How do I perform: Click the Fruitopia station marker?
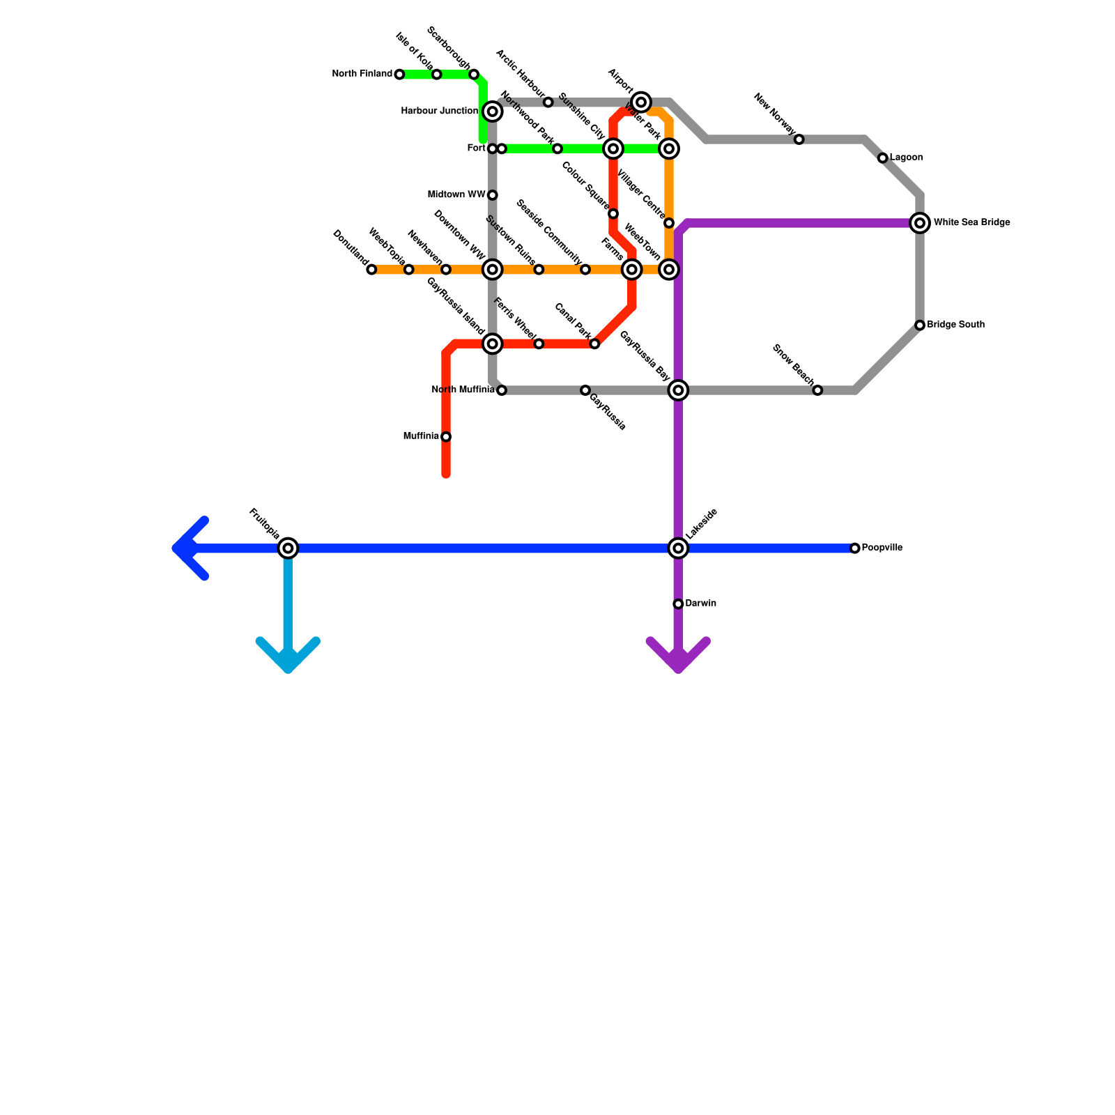tap(288, 548)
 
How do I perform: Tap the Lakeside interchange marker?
tap(678, 548)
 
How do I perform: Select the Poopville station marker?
tap(855, 548)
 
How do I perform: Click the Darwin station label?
tap(700, 603)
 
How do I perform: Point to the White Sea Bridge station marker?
tap(920, 223)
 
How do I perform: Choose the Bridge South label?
tap(955, 325)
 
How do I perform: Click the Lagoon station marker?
tap(883, 158)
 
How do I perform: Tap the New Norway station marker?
tap(799, 139)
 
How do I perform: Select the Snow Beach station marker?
tap(817, 390)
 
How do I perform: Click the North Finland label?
tap(362, 74)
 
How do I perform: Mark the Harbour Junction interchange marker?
tap(493, 111)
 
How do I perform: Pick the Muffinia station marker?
tap(446, 437)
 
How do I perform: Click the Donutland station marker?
tap(371, 270)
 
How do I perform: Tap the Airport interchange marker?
tap(642, 102)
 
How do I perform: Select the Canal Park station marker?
tap(594, 344)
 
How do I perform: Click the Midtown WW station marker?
tap(493, 195)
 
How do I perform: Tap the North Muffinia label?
tap(463, 390)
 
